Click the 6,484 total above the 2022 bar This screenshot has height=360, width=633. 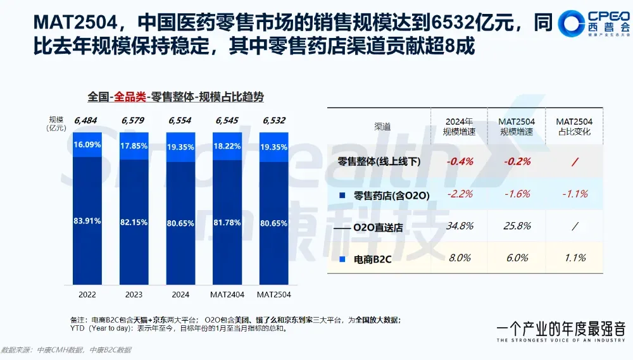(x=85, y=120)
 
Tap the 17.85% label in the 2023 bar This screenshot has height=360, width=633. (x=134, y=146)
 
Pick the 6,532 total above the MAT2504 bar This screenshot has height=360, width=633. (x=274, y=120)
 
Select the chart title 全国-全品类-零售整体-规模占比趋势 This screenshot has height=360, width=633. (x=175, y=97)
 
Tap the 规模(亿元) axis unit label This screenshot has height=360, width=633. (x=56, y=123)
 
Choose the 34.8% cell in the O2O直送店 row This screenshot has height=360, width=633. (x=460, y=227)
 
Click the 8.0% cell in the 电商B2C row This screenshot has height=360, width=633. (x=460, y=258)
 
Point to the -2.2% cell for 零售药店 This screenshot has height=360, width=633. (x=460, y=194)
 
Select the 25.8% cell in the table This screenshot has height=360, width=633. (x=517, y=227)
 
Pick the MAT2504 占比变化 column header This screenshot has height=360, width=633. (x=574, y=126)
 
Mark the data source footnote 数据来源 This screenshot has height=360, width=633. (x=66, y=350)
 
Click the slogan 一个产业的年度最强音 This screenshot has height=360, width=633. (x=561, y=329)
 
